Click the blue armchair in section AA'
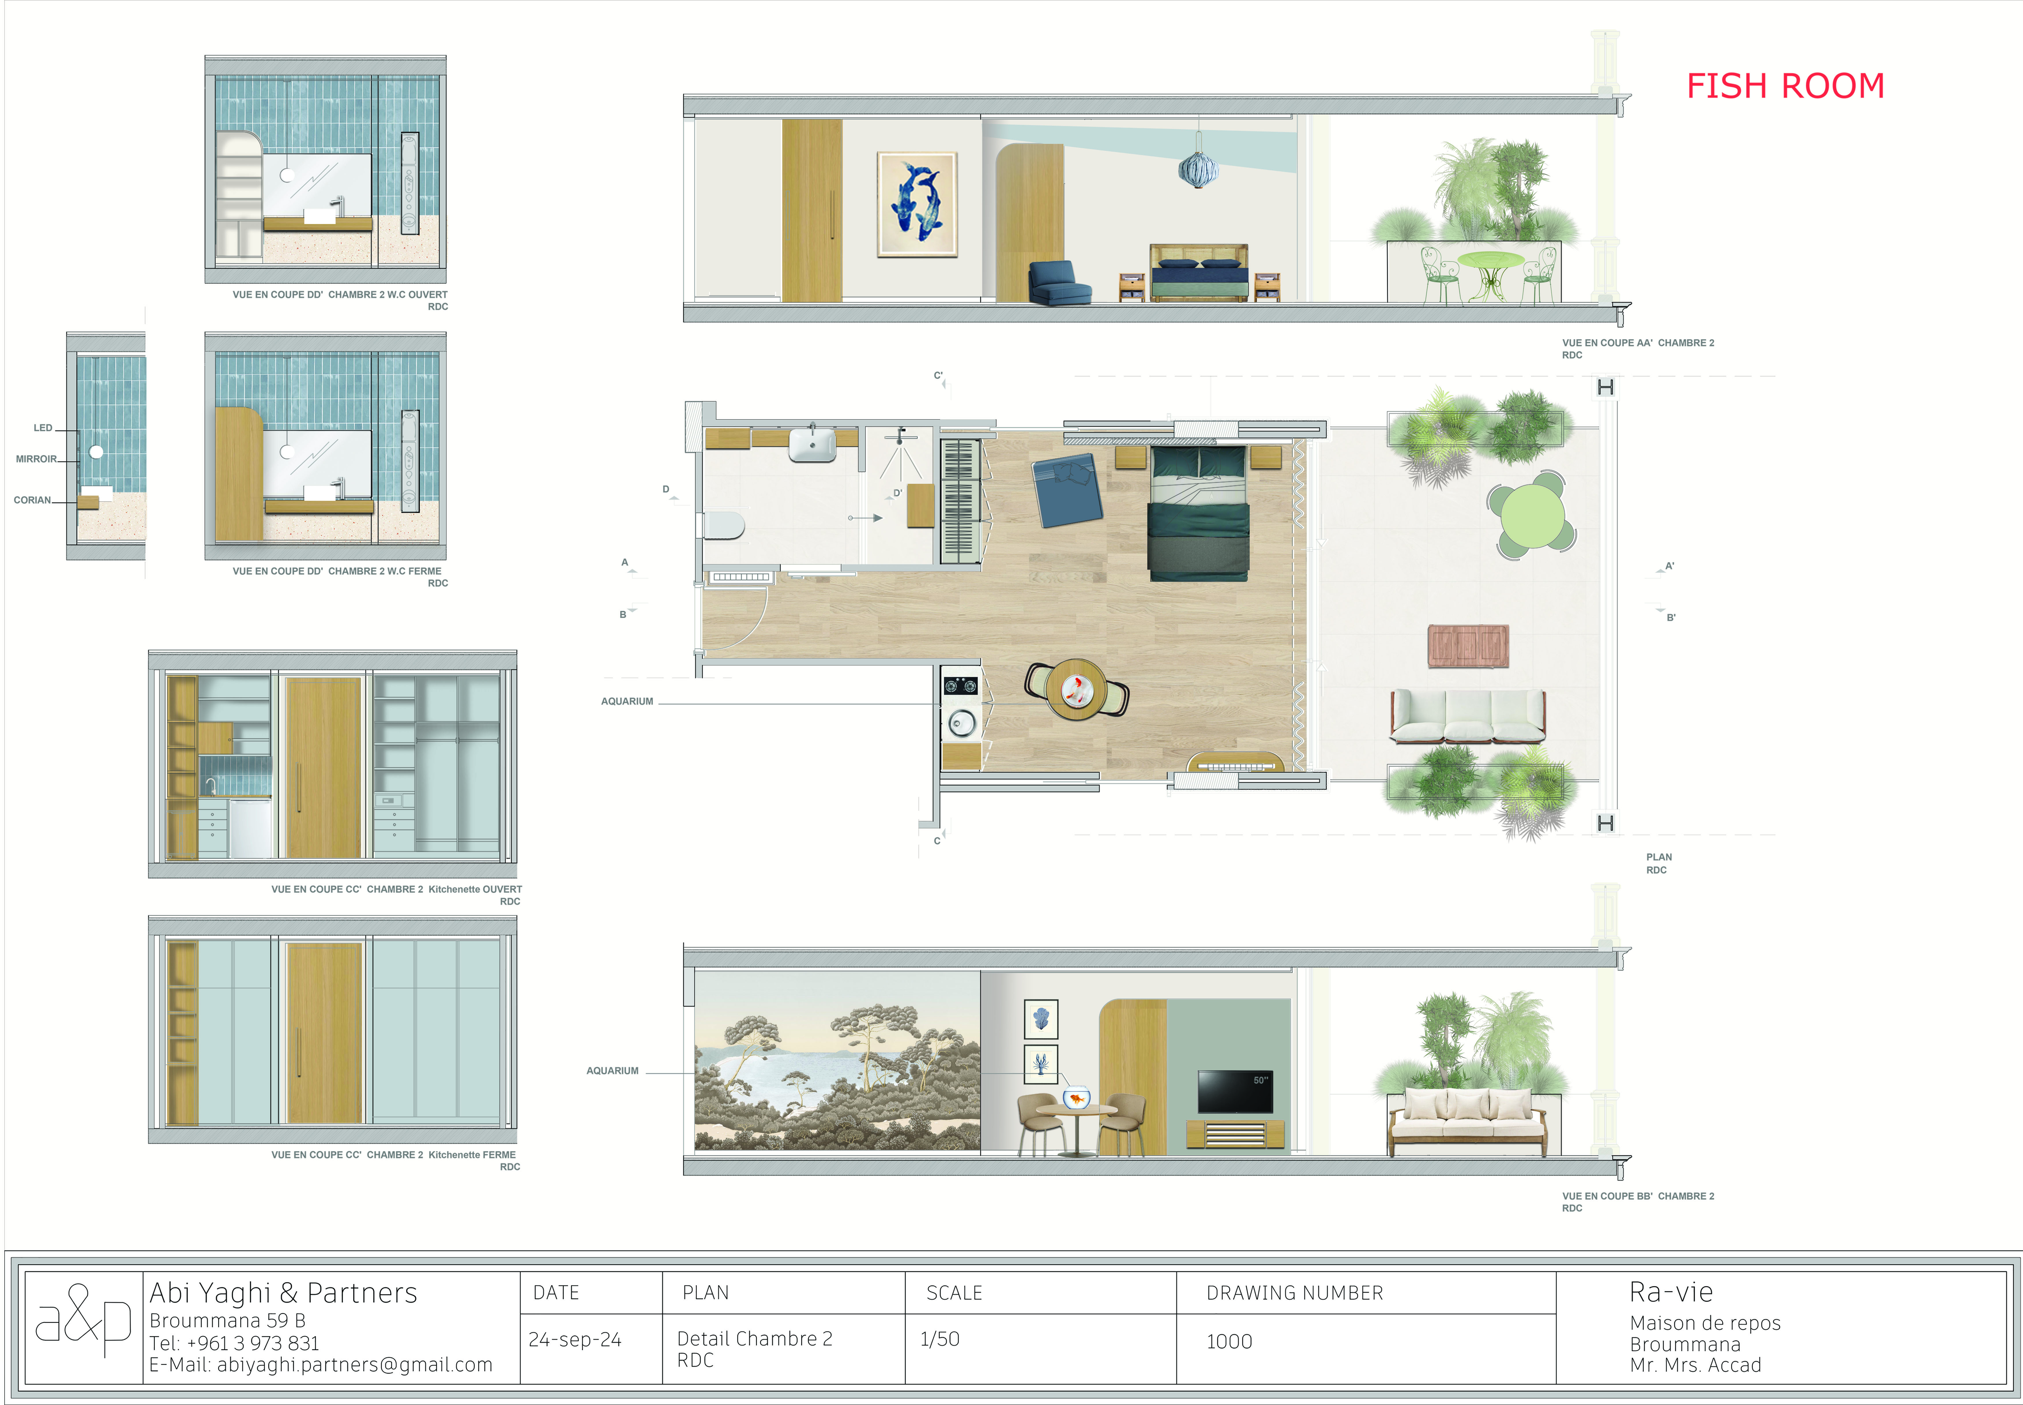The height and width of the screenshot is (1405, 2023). click(1060, 283)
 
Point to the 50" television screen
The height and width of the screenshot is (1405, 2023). click(1235, 1092)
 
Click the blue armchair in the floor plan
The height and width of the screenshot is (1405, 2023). click(1068, 490)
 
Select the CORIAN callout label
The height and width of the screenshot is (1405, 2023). click(33, 500)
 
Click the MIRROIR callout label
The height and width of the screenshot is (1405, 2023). click(36, 459)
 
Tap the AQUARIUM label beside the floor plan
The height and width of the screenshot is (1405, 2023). click(627, 701)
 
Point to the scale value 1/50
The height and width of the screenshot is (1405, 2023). click(939, 1339)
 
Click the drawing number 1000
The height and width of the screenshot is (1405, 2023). click(1229, 1342)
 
